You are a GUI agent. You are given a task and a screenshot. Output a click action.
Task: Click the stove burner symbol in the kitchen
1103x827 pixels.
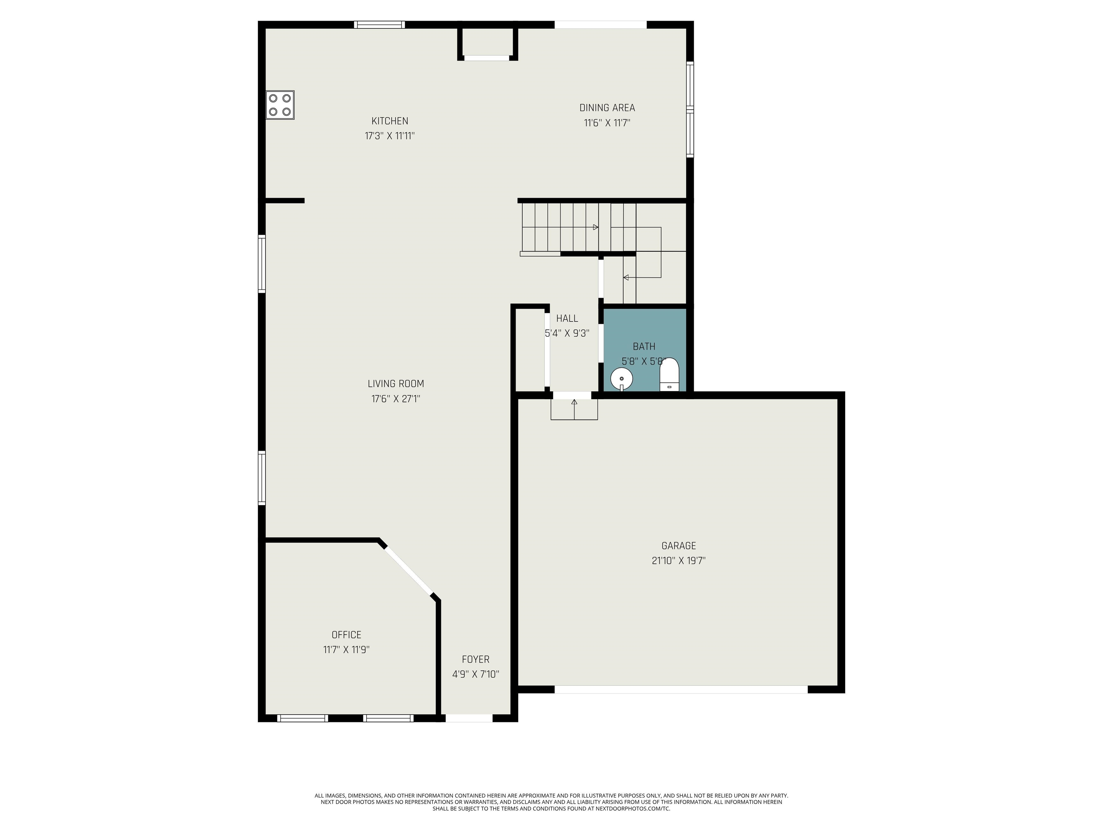click(280, 105)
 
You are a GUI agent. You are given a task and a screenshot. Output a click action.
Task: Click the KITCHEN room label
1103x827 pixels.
click(390, 121)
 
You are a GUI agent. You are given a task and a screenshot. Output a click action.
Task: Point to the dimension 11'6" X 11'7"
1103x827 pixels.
click(607, 123)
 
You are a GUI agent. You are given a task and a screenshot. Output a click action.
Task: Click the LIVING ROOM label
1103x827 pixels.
click(395, 384)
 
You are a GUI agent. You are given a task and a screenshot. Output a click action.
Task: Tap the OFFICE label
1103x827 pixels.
click(346, 635)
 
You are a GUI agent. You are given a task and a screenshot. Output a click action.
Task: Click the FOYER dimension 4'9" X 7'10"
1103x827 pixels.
click(475, 674)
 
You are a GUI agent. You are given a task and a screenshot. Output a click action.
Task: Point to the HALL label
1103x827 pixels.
click(567, 318)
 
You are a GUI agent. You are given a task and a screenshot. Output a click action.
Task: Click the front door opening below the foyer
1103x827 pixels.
click(469, 718)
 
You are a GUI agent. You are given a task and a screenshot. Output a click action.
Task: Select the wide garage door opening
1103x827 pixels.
click(681, 690)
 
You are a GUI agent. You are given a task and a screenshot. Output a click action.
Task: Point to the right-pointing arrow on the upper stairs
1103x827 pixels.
click(595, 227)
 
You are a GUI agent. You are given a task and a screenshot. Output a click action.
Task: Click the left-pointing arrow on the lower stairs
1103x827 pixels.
click(626, 277)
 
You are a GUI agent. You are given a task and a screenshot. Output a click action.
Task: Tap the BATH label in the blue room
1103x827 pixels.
click(644, 346)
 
